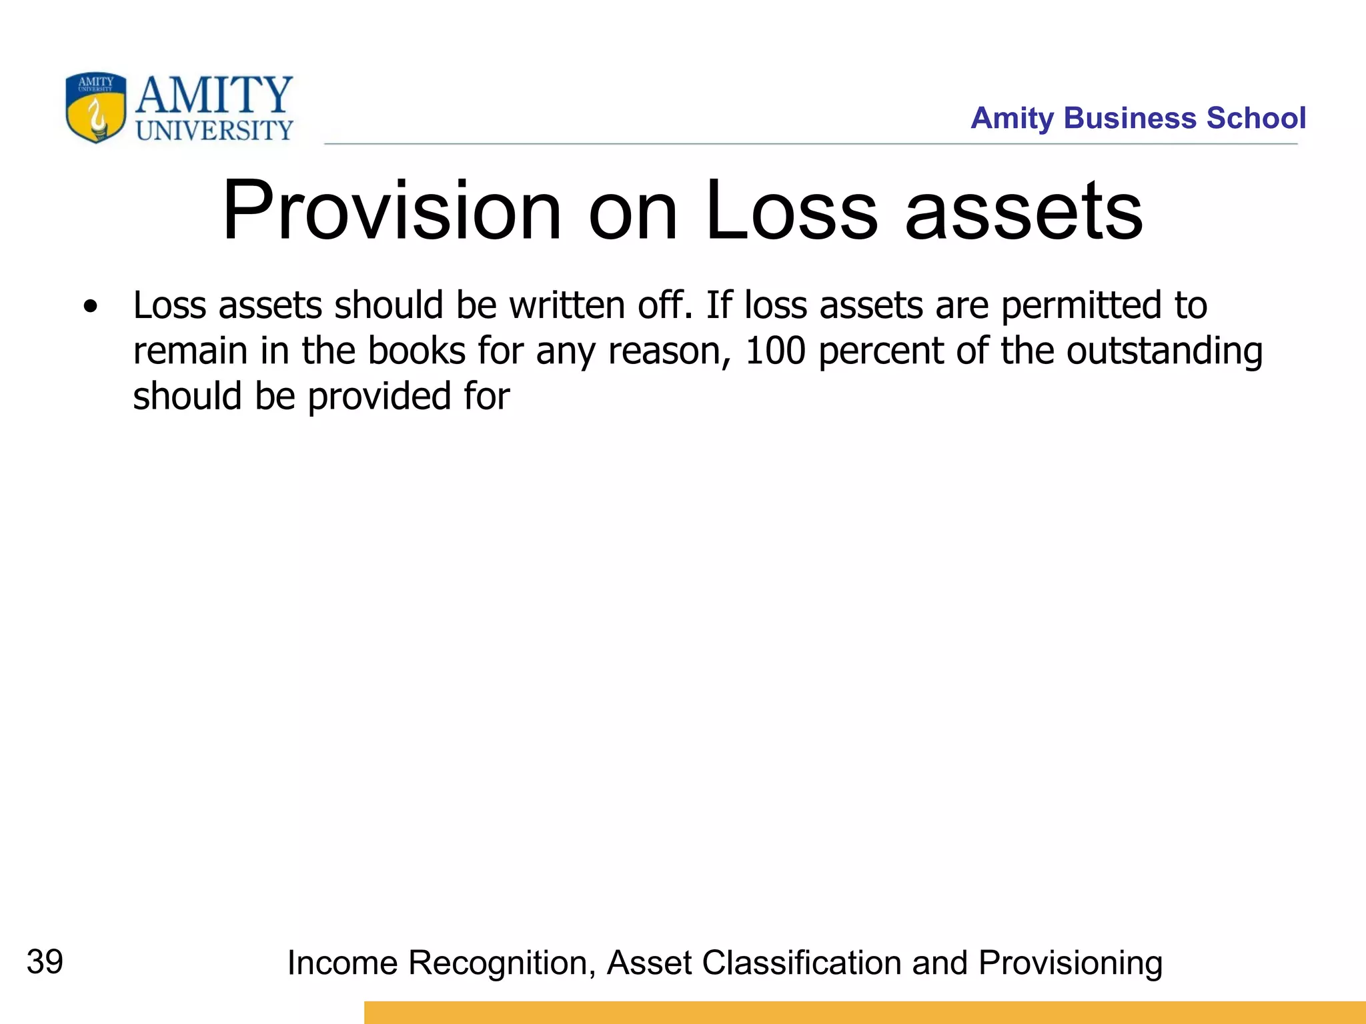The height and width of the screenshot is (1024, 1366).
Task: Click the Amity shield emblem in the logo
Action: click(x=95, y=107)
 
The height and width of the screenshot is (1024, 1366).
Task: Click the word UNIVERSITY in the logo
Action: click(x=214, y=131)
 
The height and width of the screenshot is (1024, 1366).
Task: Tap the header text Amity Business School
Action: click(x=1138, y=118)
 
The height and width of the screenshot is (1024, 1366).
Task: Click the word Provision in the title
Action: click(x=392, y=211)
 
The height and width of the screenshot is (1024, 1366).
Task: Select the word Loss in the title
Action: click(x=791, y=211)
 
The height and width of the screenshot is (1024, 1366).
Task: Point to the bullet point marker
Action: click(x=91, y=307)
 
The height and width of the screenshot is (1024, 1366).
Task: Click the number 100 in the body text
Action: click(x=775, y=351)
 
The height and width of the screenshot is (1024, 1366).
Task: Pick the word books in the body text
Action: click(x=416, y=351)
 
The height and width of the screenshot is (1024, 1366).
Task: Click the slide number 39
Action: click(x=45, y=962)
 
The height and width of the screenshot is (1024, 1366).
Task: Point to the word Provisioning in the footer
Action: click(x=1070, y=963)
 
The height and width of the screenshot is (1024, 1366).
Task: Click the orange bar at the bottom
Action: click(x=864, y=1012)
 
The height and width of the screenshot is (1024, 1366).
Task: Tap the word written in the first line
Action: click(x=568, y=305)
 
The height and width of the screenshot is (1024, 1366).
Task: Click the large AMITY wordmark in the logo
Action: click(x=214, y=95)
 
